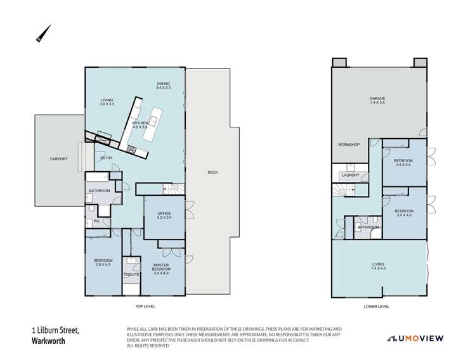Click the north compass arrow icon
point(43,34)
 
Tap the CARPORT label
point(52,159)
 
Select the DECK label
point(213,172)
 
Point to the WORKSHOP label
point(348,145)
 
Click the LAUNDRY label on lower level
point(350,176)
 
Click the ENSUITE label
point(131,274)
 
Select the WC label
point(96,221)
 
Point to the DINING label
point(164,86)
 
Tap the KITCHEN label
point(140,125)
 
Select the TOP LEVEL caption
point(145,306)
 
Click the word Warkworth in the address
point(49,339)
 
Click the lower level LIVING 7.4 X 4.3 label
point(379,265)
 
